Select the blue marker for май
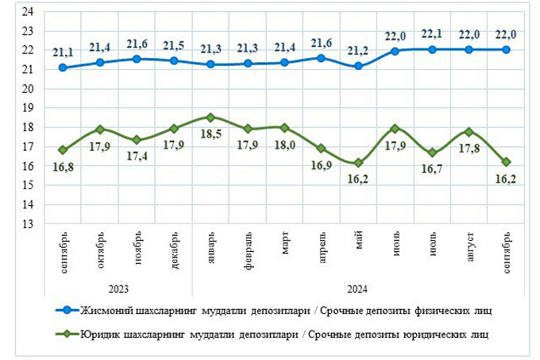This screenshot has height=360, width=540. pyautogui.click(x=359, y=66)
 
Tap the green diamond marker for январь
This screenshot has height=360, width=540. pyautogui.click(x=210, y=118)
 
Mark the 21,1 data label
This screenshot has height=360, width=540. pyautogui.click(x=64, y=52)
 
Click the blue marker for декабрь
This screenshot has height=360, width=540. pyautogui.click(x=174, y=60)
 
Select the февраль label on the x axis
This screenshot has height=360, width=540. pyautogui.click(x=248, y=248)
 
